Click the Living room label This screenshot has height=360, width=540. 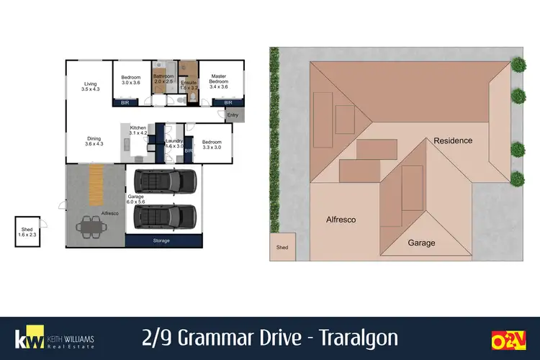point(89,87)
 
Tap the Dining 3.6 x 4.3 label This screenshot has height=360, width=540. point(94,141)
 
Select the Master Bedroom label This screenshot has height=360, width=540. point(218,81)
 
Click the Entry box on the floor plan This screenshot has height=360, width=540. point(233,115)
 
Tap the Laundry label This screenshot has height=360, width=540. point(175,143)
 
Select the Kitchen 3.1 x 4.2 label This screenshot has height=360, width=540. point(138,130)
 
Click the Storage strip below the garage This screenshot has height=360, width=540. point(161,240)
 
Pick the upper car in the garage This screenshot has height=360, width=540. point(166,181)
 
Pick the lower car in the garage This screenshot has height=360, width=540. point(166,215)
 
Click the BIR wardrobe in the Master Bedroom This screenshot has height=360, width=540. point(228,102)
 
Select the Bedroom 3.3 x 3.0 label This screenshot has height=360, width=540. point(212,144)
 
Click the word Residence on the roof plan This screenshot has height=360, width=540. point(452,140)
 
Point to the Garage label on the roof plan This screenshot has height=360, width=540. point(422,243)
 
